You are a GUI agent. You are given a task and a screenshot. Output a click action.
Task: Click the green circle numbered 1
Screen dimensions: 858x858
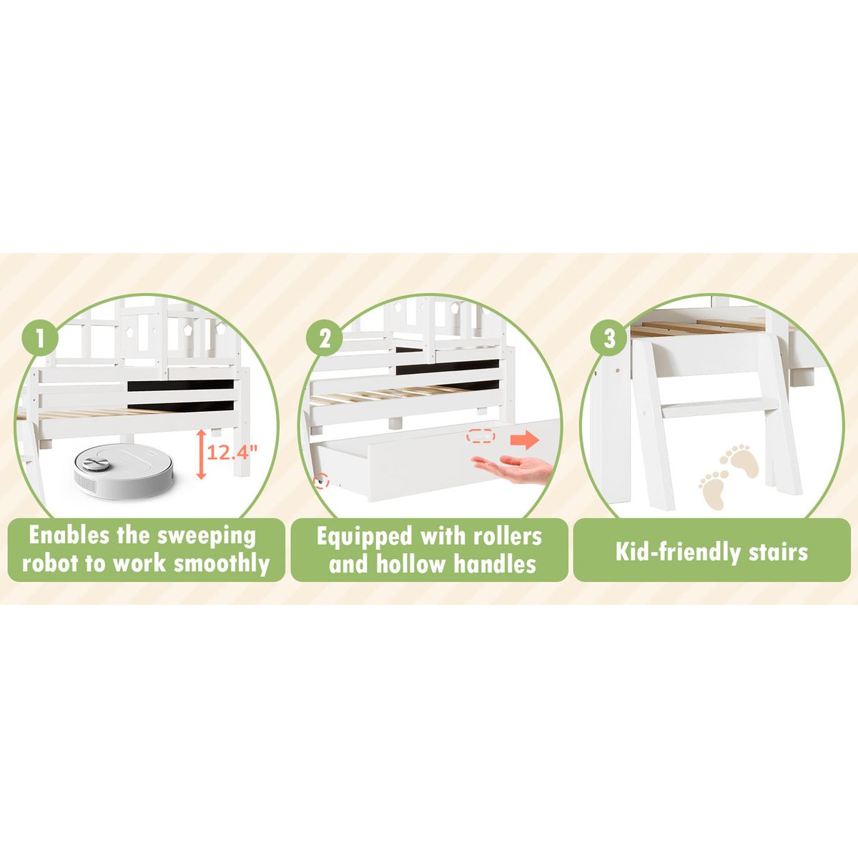40,337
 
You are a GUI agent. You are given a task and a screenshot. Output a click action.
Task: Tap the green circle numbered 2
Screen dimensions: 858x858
324,337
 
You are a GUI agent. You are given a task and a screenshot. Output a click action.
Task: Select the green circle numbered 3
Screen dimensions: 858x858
608,337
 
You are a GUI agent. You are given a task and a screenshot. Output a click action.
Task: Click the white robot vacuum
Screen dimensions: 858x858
123,471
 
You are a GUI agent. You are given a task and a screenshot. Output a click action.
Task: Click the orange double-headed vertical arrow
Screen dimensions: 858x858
201,454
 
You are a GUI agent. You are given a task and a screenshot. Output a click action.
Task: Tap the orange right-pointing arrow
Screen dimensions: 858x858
525,440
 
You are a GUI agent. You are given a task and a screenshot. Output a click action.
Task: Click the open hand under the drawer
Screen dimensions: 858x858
512,468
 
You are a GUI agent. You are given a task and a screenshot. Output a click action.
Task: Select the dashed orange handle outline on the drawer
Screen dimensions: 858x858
480,436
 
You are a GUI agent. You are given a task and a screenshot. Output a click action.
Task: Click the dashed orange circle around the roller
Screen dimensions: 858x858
321,481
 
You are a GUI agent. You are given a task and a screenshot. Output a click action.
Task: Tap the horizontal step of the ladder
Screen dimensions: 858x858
719,408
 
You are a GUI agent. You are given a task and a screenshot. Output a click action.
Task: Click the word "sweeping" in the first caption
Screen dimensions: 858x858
207,536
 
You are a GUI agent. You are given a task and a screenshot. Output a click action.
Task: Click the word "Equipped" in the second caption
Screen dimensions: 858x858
364,537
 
